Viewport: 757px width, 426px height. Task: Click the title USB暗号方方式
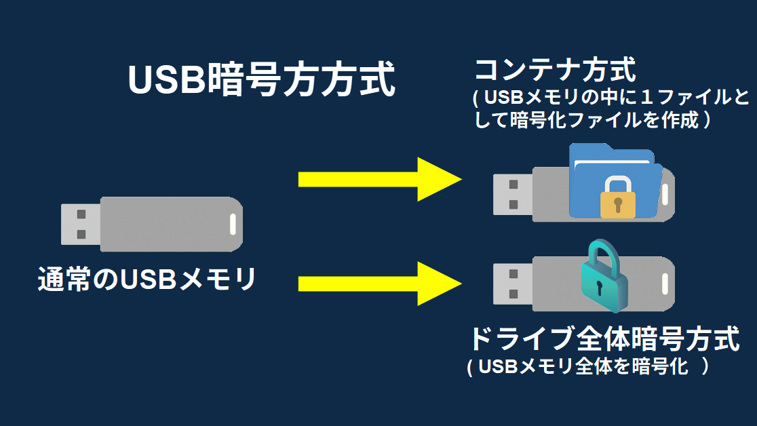tap(261, 81)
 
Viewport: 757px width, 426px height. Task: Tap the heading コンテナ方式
tap(555, 70)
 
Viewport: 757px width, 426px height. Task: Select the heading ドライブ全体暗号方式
tap(604, 338)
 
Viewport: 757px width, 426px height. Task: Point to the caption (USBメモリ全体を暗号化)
tap(589, 367)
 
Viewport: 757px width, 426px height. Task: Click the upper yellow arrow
tap(380, 179)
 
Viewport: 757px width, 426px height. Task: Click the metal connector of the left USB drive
tap(81, 224)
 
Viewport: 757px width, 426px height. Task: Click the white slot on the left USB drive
tap(233, 223)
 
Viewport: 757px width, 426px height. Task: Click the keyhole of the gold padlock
tap(617, 204)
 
